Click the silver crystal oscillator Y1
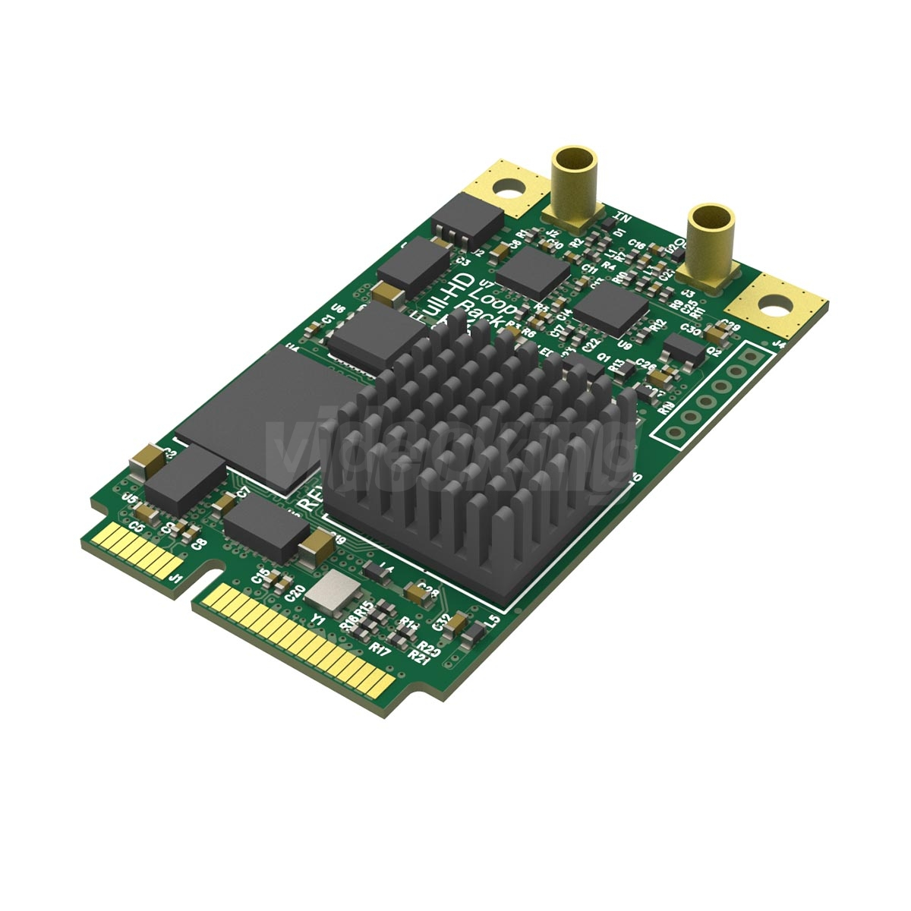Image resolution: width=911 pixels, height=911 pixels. click(331, 593)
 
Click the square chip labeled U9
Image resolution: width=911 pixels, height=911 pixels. click(611, 310)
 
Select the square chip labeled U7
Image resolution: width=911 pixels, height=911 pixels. click(534, 270)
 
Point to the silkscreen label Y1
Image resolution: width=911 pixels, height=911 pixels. click(318, 620)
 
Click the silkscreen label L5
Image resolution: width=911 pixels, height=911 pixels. click(493, 621)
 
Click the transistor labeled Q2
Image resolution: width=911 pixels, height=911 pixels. click(683, 349)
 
